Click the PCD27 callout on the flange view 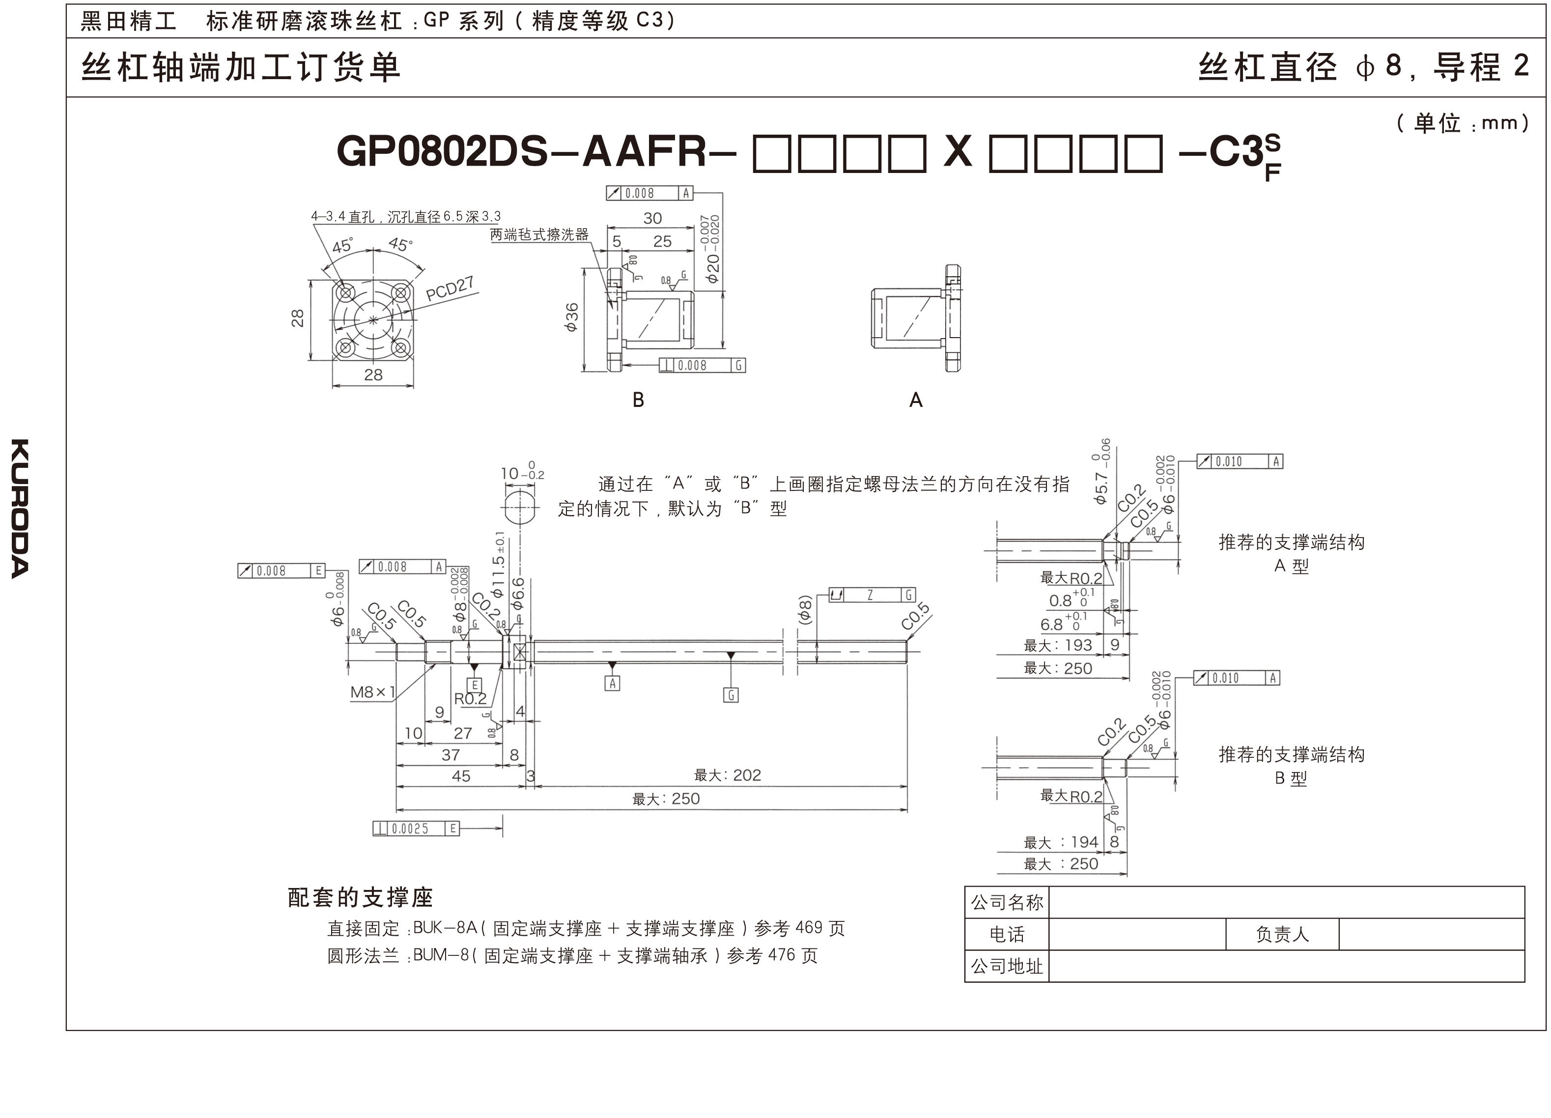(450, 289)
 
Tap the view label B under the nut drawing (638, 400)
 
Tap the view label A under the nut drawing (916, 400)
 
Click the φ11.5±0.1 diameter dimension (499, 565)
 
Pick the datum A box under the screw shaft (612, 683)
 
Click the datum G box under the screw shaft (731, 695)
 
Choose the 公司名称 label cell (1007, 902)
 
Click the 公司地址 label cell (1007, 966)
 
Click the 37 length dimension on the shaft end (450, 755)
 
